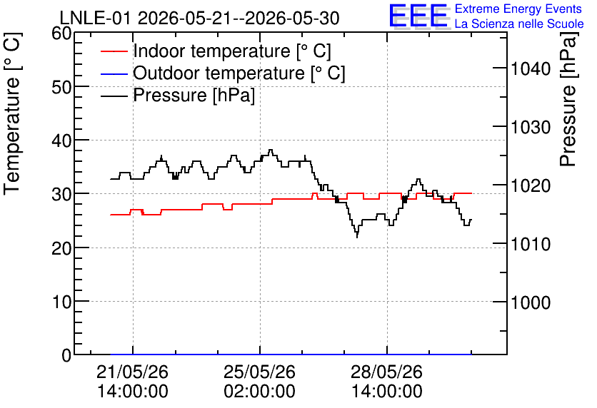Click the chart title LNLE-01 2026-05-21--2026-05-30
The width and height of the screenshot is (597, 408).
point(199,18)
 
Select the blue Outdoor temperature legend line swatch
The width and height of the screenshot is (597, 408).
point(114,73)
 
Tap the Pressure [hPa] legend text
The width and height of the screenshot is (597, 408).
point(194,95)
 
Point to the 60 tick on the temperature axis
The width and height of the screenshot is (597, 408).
point(61,34)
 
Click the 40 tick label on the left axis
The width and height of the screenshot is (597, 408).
point(61,141)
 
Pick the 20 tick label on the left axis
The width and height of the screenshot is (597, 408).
point(61,249)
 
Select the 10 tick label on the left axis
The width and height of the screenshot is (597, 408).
point(61,302)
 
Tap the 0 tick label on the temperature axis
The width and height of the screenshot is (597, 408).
point(66,356)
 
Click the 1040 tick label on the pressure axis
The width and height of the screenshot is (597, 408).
point(531,68)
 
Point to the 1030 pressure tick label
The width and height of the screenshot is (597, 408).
point(531,128)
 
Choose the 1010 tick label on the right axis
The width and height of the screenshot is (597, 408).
point(531,245)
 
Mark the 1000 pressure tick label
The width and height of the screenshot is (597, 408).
point(531,303)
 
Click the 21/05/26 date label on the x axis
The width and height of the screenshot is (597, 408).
point(133,372)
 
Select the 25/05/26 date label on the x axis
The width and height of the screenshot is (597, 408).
point(259,372)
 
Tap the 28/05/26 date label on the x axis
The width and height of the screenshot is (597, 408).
point(386,372)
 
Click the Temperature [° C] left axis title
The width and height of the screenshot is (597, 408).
point(13,113)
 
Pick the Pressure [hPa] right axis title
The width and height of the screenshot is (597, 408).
point(568,98)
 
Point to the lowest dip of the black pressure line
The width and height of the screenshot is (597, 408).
point(357,237)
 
